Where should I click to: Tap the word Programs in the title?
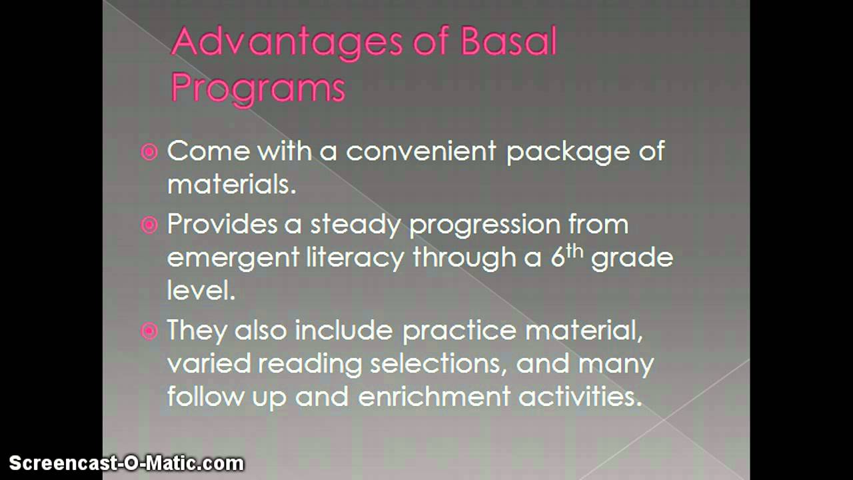(258, 89)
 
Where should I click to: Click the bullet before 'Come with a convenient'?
(149, 153)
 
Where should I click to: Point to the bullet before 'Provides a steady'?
(149, 225)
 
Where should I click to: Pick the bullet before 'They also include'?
(149, 331)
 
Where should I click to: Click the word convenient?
(421, 151)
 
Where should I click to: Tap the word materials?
(231, 185)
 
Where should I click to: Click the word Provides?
(222, 224)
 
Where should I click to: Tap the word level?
(201, 291)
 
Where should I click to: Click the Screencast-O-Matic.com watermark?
(127, 463)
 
